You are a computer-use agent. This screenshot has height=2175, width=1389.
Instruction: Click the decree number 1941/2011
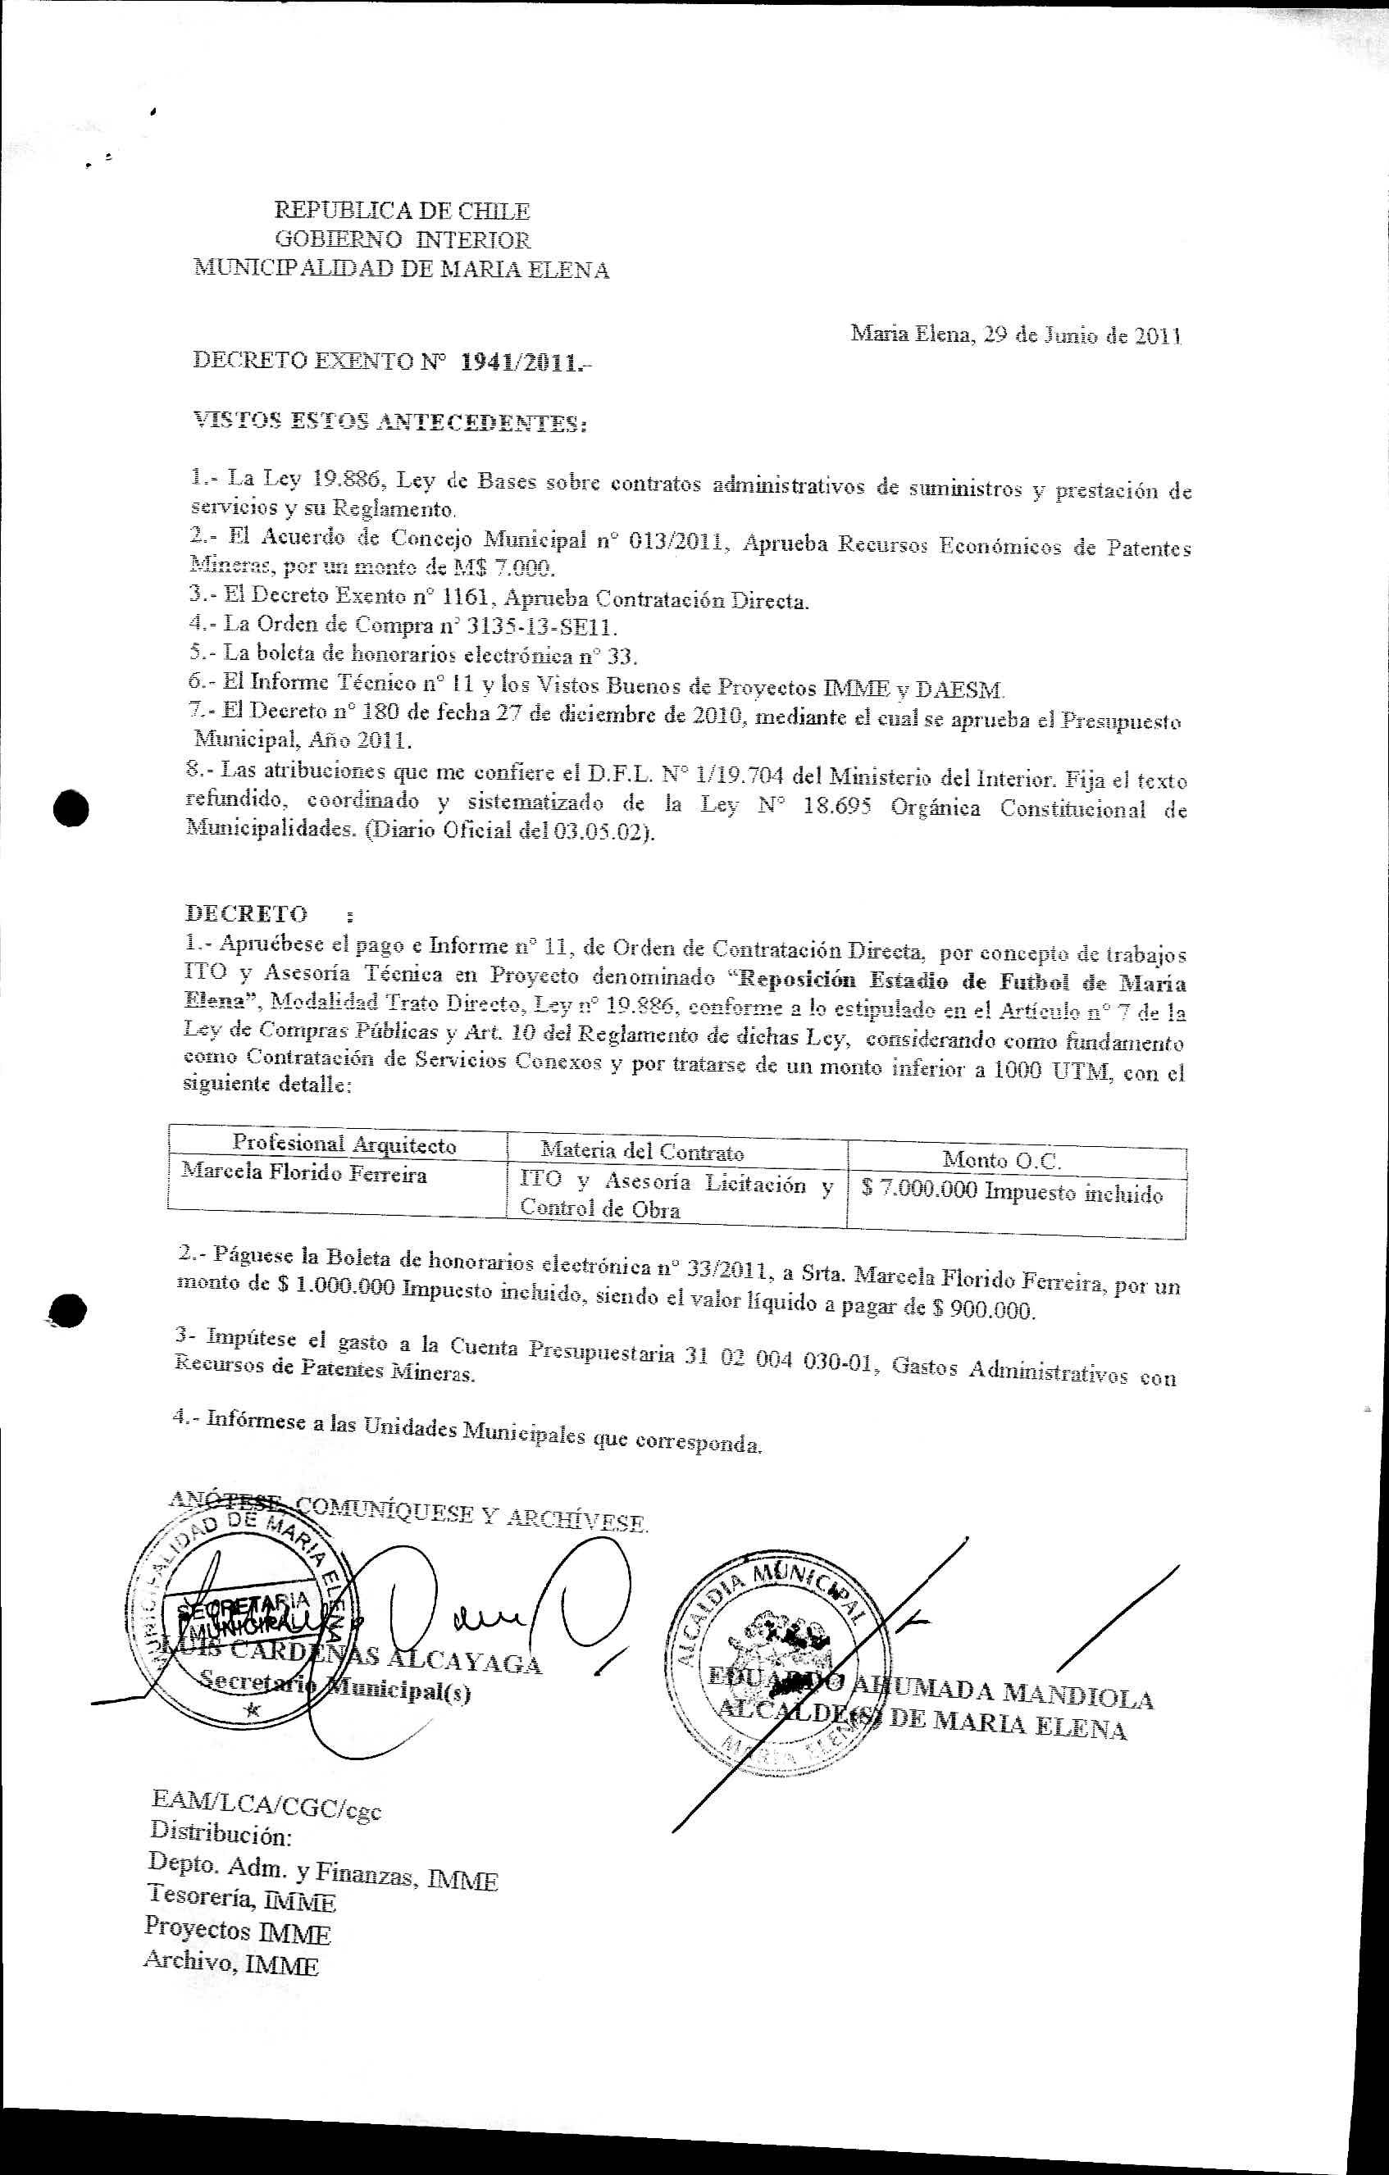tap(518, 363)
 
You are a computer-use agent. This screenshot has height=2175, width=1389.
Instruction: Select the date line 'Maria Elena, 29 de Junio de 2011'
tap(1016, 335)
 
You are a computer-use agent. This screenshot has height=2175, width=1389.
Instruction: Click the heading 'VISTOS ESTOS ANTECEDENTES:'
tap(390, 422)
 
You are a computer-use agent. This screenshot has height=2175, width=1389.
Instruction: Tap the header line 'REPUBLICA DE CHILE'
tap(402, 212)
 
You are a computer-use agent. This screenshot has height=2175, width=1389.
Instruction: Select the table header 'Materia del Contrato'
tap(642, 1151)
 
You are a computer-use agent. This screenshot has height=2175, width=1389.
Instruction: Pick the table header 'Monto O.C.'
tap(1000, 1159)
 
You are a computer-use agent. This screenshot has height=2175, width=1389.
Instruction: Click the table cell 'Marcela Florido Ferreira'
tap(304, 1173)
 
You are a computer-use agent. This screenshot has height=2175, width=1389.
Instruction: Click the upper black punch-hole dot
tap(71, 808)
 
